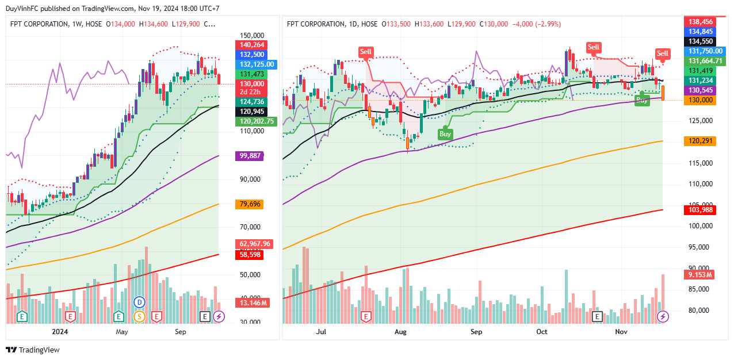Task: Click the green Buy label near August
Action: point(445,134)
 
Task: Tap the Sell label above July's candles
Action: point(366,52)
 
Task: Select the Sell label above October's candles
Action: point(593,47)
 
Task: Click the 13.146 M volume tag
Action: point(251,302)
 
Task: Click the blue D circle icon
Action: point(139,302)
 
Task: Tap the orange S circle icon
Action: point(139,316)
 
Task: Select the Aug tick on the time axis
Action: point(401,332)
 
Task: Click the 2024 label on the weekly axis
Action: point(60,332)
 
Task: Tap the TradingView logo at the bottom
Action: point(33,350)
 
